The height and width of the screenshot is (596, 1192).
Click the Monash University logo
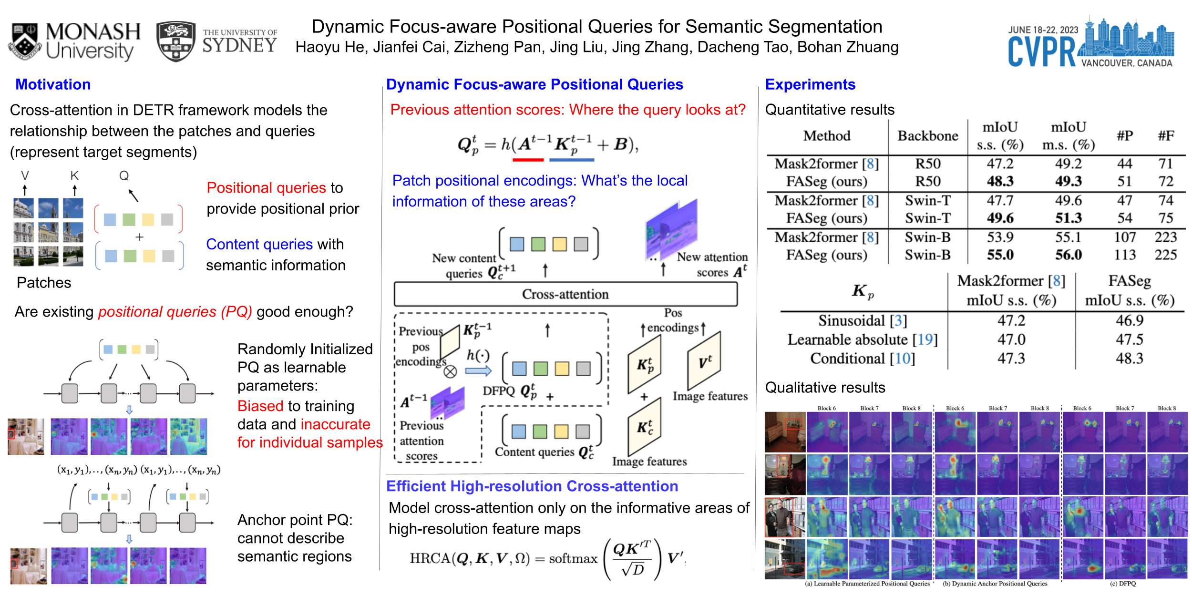click(74, 41)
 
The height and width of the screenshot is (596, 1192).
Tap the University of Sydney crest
click(176, 41)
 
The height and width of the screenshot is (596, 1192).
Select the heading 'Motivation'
click(53, 84)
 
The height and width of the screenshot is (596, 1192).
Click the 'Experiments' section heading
click(810, 84)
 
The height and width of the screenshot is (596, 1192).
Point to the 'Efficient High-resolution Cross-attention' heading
click(532, 486)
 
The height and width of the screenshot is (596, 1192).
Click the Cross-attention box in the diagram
click(565, 294)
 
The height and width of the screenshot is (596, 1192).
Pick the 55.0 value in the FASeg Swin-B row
click(1000, 255)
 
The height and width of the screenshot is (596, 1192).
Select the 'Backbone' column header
click(927, 136)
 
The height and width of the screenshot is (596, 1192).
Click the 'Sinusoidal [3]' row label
click(863, 320)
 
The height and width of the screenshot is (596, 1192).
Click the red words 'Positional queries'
click(266, 188)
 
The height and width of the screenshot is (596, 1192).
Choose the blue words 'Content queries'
click(259, 244)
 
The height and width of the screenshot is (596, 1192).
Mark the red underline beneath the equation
click(528, 160)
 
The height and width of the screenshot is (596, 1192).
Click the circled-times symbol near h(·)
click(450, 371)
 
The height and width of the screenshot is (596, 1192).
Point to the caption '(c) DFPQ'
click(1123, 584)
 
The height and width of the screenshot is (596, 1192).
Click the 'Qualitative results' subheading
click(825, 388)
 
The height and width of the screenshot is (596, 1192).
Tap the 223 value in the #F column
click(1165, 237)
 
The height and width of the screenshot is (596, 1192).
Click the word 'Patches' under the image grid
click(44, 283)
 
